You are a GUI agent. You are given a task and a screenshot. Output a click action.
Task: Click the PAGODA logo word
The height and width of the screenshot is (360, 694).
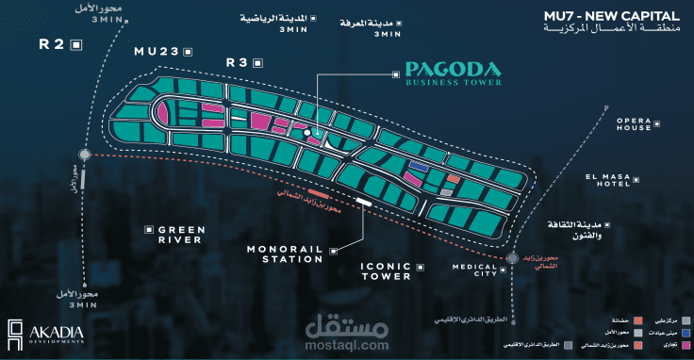tap(453, 69)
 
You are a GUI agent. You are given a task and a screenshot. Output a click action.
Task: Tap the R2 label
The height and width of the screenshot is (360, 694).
tap(52, 44)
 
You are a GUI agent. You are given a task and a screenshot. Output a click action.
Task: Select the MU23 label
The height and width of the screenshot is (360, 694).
tap(157, 51)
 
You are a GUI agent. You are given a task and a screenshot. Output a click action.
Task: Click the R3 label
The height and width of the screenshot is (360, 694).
tap(237, 62)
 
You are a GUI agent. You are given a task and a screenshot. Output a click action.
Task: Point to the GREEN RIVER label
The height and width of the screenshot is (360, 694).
tap(180, 235)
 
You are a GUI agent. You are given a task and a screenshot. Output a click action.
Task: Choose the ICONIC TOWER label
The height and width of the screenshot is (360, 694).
tap(387, 271)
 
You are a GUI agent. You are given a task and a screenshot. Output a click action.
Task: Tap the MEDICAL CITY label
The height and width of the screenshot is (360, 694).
tap(473, 271)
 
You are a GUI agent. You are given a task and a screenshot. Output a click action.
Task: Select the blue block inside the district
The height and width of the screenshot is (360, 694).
tap(418, 166)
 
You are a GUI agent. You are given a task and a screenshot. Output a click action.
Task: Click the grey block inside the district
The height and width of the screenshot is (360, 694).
tap(446, 192)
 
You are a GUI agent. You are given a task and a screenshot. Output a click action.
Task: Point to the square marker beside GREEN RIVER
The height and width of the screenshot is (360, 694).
tap(149, 229)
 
